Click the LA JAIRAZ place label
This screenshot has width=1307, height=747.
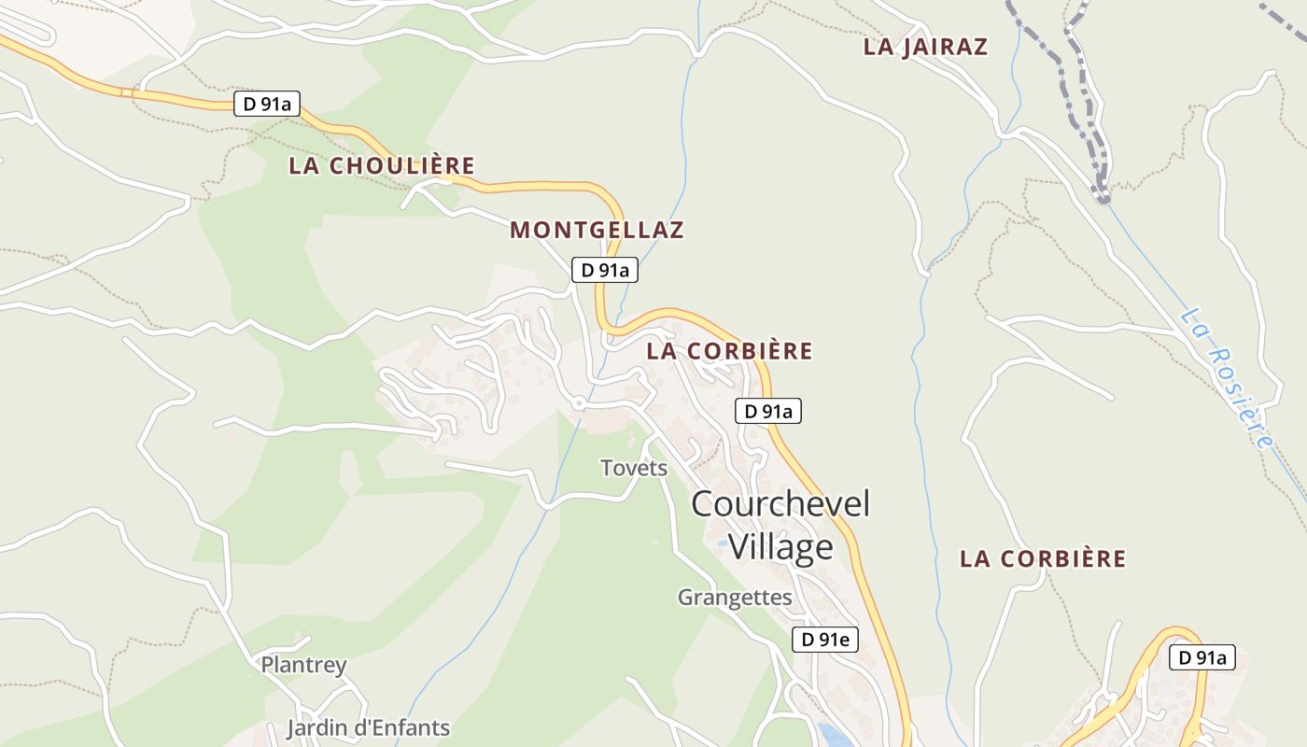[x=925, y=47]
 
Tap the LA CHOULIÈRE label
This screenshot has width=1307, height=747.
[x=382, y=166]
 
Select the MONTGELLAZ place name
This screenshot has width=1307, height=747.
[x=597, y=230]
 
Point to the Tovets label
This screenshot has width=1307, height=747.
[x=634, y=468]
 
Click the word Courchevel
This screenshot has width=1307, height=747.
[x=780, y=504]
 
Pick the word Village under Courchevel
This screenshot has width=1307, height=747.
[x=780, y=547]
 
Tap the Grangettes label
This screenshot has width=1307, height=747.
[x=735, y=598]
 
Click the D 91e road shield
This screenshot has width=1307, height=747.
[x=825, y=640]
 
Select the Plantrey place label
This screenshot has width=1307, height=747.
[x=303, y=666]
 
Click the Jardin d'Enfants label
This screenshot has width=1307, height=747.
[x=368, y=728]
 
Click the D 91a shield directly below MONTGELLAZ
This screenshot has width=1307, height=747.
[x=605, y=271]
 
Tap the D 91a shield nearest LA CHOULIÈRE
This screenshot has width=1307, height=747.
[x=267, y=104]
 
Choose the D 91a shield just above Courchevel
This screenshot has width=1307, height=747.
[x=768, y=411]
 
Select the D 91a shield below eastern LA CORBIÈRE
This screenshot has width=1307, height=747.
[x=1202, y=657]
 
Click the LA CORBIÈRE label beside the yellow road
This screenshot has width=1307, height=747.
[x=729, y=352]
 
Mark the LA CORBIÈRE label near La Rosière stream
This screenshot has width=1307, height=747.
[x=1043, y=559]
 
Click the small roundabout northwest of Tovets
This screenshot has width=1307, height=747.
[x=580, y=403]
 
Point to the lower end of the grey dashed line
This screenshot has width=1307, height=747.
[x=1103, y=196]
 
